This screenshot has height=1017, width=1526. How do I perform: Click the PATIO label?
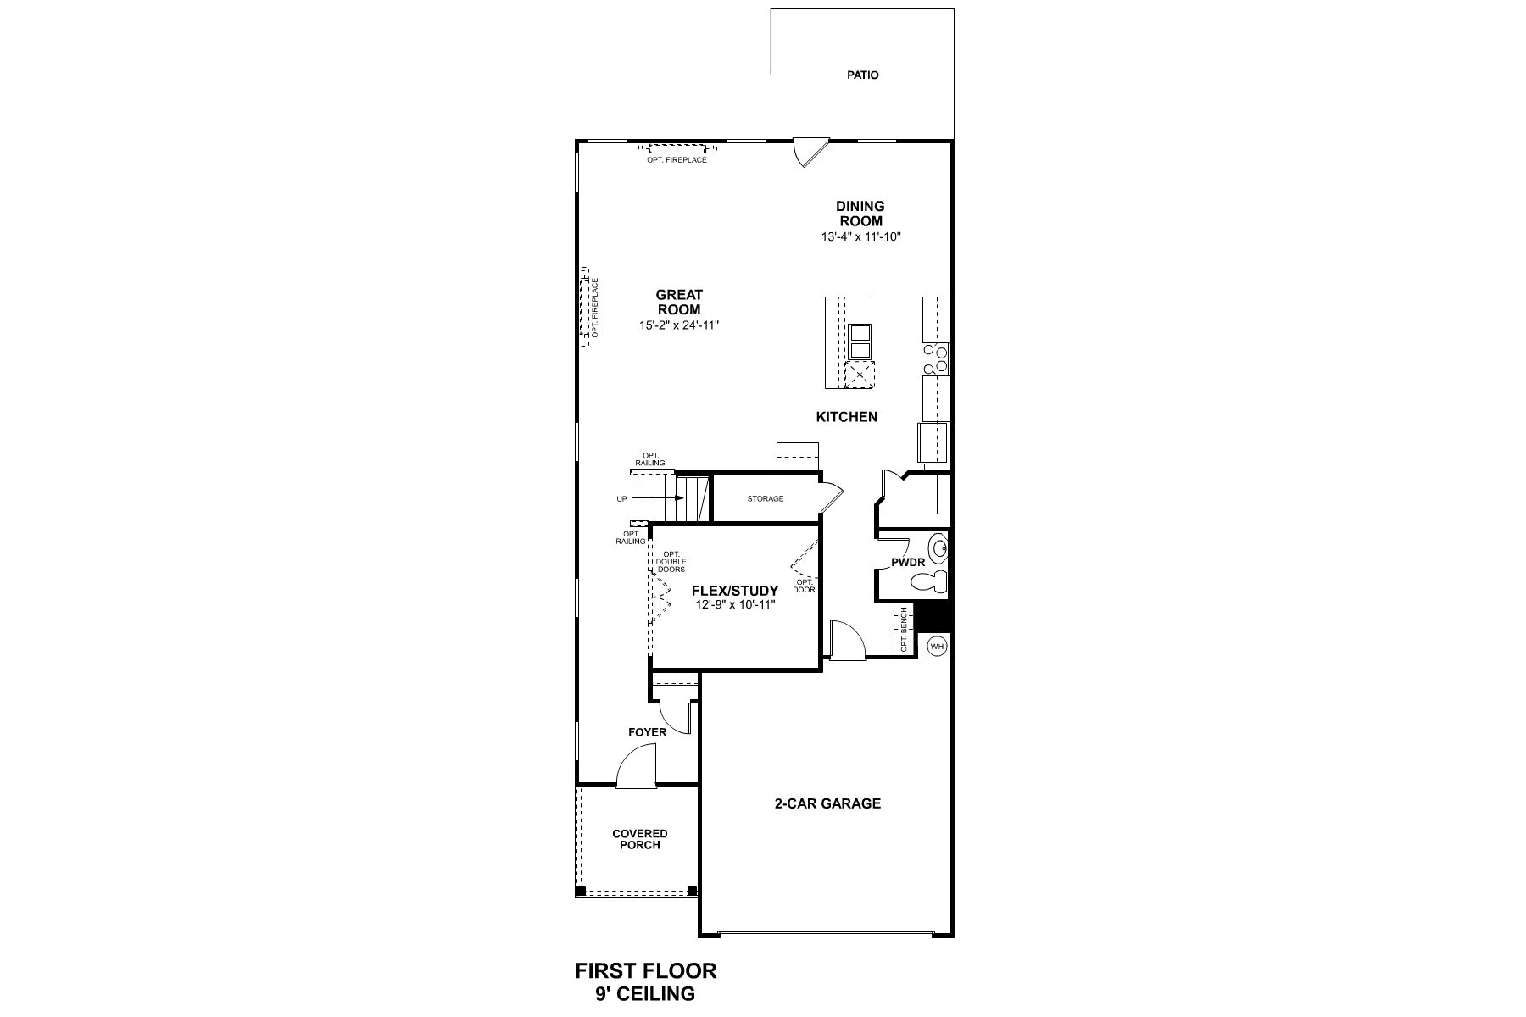click(862, 75)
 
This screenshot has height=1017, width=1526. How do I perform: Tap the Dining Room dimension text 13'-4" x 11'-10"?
click(860, 236)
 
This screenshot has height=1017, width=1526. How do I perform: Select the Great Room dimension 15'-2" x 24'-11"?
click(679, 325)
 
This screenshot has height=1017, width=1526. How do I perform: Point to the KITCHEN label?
click(846, 417)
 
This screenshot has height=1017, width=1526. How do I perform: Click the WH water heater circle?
click(936, 647)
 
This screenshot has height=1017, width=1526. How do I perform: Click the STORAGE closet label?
click(766, 499)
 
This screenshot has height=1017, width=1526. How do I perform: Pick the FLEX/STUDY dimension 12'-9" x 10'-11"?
click(733, 604)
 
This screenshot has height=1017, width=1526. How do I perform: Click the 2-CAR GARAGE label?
click(827, 803)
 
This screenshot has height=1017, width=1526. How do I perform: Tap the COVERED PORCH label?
click(640, 839)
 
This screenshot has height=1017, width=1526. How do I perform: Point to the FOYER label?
click(648, 732)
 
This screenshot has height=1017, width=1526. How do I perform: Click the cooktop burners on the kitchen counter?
click(936, 358)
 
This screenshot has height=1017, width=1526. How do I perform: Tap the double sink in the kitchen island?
click(860, 342)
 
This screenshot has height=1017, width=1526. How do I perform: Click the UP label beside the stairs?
click(621, 499)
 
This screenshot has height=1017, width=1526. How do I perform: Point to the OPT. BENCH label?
click(905, 630)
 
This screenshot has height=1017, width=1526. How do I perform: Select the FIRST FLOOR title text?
click(646, 970)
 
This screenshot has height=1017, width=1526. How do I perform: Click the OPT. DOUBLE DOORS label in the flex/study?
click(671, 562)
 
